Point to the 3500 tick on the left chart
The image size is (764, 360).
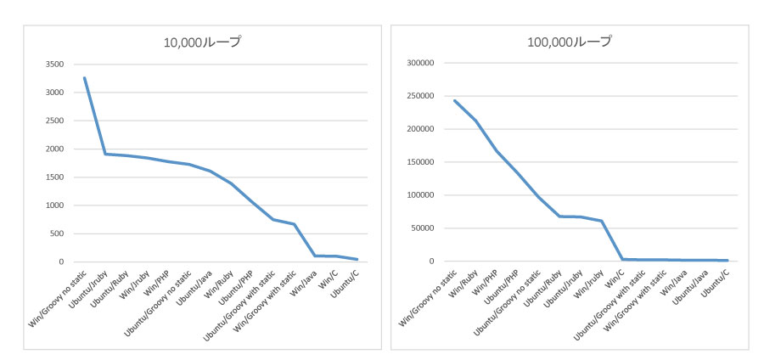(53, 64)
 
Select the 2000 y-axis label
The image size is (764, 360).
(53, 149)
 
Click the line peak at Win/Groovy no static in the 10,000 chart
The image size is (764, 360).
(85, 77)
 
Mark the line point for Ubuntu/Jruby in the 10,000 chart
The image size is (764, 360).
(105, 154)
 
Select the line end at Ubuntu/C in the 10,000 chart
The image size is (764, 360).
(357, 259)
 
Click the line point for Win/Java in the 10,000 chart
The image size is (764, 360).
(315, 256)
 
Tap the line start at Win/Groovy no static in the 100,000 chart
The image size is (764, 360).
(454, 100)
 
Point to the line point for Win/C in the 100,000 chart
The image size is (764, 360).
(622, 259)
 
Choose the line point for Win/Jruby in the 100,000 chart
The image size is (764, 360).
(601, 221)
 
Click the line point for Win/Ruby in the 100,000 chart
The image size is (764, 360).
(475, 121)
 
